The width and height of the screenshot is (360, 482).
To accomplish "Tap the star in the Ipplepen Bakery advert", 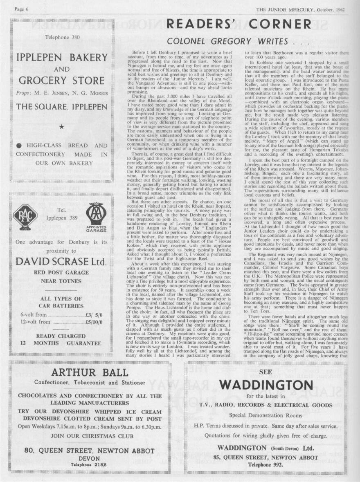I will pyautogui.click(x=61, y=127).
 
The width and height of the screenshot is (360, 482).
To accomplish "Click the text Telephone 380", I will pyautogui.click(x=62, y=38).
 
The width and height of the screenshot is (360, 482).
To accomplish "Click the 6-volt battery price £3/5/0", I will pyautogui.click(x=94, y=314).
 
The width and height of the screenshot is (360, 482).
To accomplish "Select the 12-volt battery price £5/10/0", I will pyautogui.click(x=94, y=322).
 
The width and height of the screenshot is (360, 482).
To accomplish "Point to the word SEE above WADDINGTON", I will pyautogui.click(x=266, y=371).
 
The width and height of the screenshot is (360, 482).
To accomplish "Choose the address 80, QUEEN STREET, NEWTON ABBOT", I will pyautogui.click(x=90, y=450).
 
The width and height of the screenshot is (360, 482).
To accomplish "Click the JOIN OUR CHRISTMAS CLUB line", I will pyautogui.click(x=90, y=436).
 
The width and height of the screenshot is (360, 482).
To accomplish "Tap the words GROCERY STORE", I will pyautogui.click(x=62, y=80).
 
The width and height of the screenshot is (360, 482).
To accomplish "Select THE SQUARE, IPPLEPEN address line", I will pyautogui.click(x=61, y=107).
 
